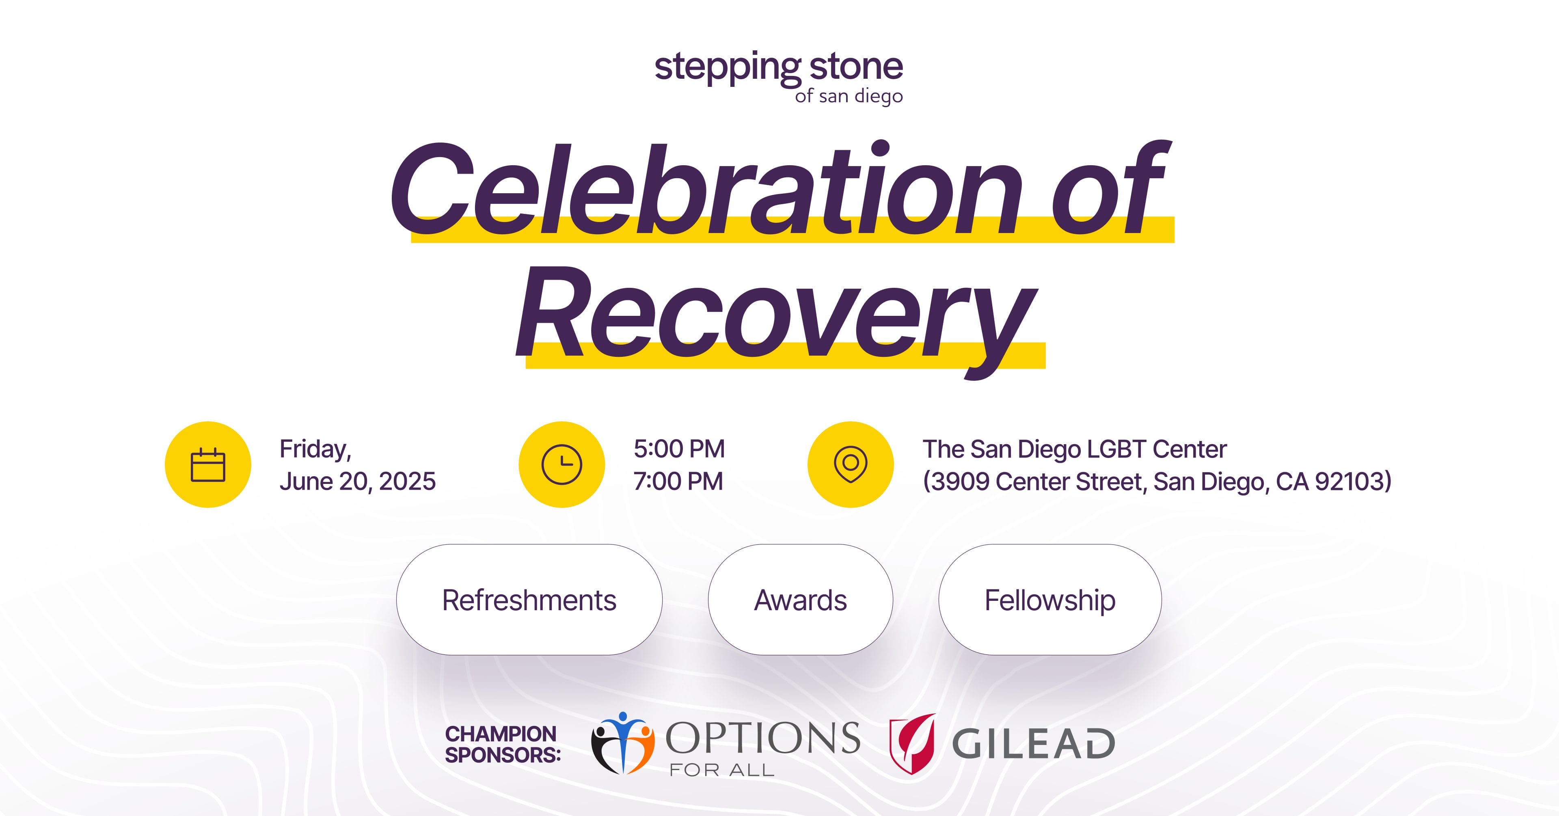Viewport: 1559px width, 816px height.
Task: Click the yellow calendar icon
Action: click(x=207, y=464)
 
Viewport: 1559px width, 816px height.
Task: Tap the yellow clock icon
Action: click(x=561, y=464)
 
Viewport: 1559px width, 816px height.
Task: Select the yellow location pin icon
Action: click(x=850, y=464)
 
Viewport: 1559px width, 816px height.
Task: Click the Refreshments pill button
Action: click(x=529, y=599)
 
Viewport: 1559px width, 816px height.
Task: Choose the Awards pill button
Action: click(x=800, y=599)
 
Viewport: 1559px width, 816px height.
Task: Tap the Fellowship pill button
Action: click(x=1050, y=599)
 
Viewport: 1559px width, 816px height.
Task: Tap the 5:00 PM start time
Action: click(x=679, y=449)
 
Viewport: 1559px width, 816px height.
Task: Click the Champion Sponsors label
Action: click(x=502, y=745)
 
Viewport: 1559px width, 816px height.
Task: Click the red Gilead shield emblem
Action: click(x=912, y=744)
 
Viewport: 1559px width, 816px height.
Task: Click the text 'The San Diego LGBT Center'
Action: click(x=1074, y=449)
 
